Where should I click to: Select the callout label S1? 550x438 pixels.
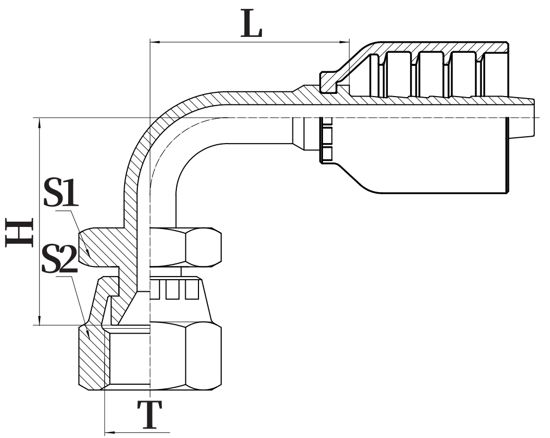pos(60,194)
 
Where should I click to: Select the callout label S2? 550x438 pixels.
pos(59,259)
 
